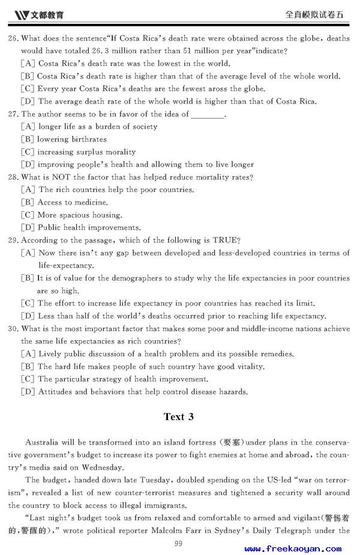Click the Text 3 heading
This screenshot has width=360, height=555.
179,416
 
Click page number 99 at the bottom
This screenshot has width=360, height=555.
178,544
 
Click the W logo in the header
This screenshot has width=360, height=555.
21,13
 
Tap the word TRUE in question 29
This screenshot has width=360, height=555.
224,240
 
